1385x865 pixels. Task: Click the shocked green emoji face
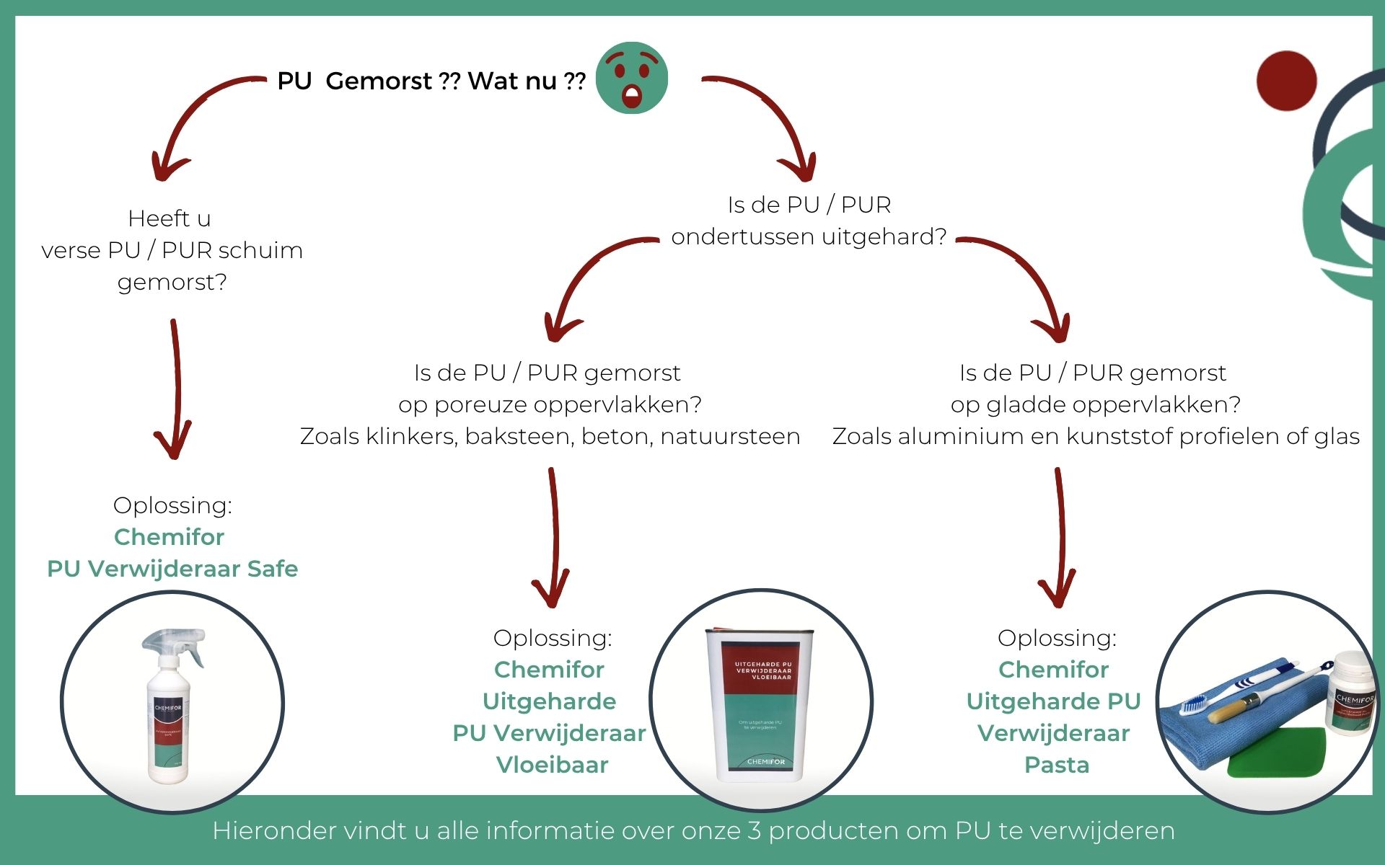pos(632,78)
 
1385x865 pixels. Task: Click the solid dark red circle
pos(1286,81)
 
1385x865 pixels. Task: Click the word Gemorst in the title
pos(379,81)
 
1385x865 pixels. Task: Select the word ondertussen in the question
pos(743,236)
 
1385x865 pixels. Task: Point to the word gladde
pos(1028,404)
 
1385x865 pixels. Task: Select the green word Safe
pos(273,569)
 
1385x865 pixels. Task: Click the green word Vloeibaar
pos(552,765)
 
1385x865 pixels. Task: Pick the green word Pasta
pos(1057,765)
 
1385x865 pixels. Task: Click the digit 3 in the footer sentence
pos(754,830)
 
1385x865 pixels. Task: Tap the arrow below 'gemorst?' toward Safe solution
pos(175,389)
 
